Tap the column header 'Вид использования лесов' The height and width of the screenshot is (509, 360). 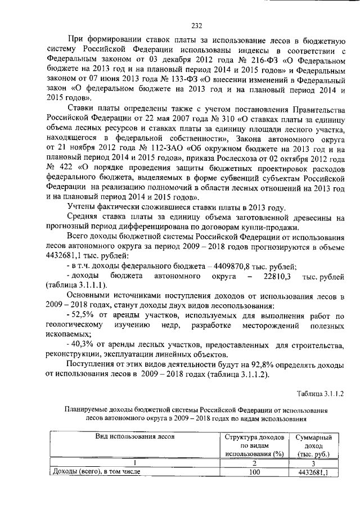pyautogui.click(x=134, y=436)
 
